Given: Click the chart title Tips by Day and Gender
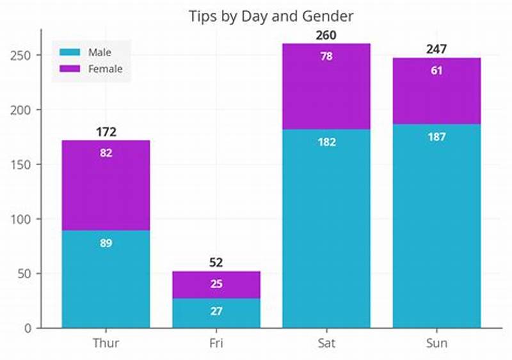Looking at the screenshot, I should (x=271, y=15).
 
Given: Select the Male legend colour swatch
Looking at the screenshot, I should (x=70, y=52).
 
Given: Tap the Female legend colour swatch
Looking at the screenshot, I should (x=70, y=68).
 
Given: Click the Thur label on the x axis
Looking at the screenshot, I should (x=106, y=343).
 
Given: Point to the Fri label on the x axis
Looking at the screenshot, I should (x=216, y=343).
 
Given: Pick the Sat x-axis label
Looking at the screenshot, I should (x=326, y=343).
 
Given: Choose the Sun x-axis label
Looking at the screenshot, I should (x=436, y=343).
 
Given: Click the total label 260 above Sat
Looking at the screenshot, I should (x=326, y=35).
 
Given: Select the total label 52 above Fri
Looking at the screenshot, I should (x=216, y=262).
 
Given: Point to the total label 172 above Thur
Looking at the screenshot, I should (x=106, y=132).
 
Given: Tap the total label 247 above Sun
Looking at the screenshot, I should (x=436, y=49).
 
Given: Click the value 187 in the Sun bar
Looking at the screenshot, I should (x=436, y=137).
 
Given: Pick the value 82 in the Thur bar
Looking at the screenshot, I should (x=106, y=153).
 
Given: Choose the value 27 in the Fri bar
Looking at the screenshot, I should (x=216, y=311).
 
